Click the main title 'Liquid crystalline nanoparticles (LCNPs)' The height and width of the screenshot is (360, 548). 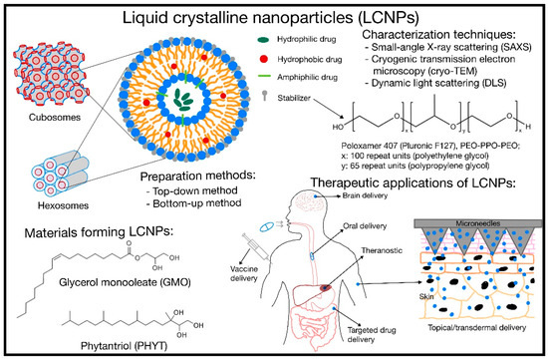(x=274, y=17)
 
